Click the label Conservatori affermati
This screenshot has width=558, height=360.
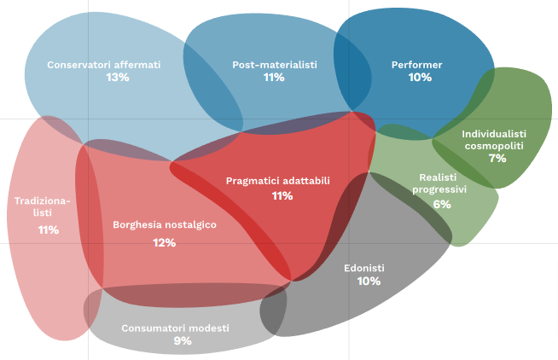coord(104,64)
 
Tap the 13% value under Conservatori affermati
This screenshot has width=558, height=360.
coord(118,78)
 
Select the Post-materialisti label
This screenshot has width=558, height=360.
coord(275,64)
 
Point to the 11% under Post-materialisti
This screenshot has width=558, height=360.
coord(274,78)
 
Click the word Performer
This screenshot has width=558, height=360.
coord(417,64)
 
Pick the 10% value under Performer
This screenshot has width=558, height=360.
coord(420,78)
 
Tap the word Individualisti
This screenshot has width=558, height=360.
coord(494,134)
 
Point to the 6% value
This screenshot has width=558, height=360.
coord(442,204)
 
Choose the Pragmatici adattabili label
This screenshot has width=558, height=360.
coord(278,181)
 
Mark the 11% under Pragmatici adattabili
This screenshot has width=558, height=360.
coord(282,195)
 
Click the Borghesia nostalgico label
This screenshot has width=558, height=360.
coord(165,225)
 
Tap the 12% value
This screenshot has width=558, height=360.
coord(164,242)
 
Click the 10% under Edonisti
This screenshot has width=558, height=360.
coord(369,281)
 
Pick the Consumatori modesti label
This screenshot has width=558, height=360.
coord(176,328)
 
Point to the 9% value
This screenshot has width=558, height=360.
coord(183,341)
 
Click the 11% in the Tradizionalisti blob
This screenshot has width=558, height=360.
coord(48,230)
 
